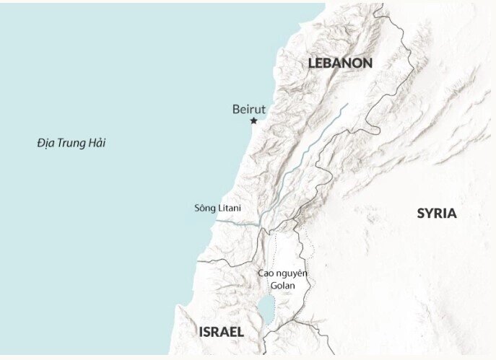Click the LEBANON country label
340,63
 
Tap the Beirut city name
249,109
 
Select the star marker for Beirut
253,120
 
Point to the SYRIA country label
437,214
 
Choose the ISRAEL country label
221,333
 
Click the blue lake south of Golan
265,309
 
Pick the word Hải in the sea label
95,143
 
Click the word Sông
206,208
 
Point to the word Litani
230,208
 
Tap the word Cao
267,273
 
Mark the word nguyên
292,274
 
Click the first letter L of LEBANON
312,63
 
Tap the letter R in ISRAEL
217,333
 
